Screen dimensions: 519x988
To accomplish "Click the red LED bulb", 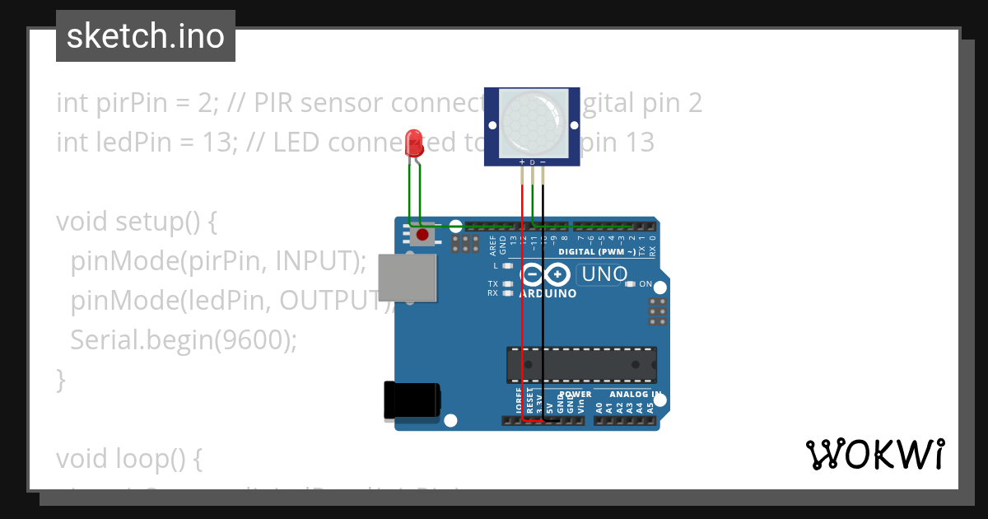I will [414, 143].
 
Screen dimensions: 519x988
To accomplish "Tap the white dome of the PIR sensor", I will [533, 123].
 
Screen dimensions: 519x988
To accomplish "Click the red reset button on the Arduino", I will [422, 236].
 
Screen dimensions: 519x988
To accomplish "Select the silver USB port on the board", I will [407, 277].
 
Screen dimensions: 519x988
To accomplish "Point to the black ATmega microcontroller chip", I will [581, 366].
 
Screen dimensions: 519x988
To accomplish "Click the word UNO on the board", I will [605, 274].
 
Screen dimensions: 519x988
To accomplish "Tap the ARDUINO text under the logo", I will [548, 293].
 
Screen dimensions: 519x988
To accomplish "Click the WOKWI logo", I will [874, 454].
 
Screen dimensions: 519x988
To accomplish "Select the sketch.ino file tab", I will [146, 36].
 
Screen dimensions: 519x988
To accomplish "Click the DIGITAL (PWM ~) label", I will [596, 252].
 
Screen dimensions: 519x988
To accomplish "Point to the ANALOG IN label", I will [635, 394].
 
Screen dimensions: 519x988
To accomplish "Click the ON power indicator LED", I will [630, 284].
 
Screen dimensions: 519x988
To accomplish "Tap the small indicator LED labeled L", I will [507, 266].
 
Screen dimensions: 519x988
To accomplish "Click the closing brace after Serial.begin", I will [61, 379].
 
